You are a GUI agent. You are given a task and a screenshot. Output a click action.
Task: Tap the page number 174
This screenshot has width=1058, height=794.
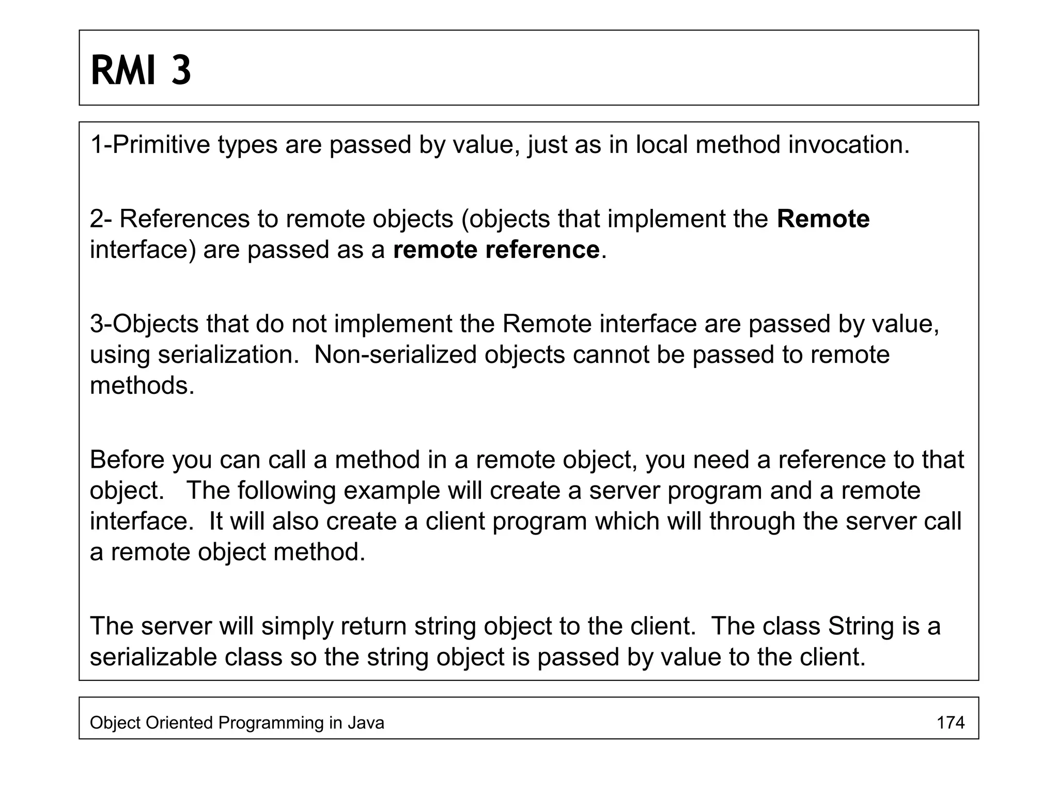coord(951,722)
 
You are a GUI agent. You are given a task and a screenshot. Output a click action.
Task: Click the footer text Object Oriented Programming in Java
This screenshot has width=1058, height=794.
coord(237,722)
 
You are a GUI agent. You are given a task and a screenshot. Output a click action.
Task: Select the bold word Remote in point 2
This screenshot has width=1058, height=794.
coord(823,219)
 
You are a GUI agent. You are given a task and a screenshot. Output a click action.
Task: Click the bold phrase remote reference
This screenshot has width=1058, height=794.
coord(496,250)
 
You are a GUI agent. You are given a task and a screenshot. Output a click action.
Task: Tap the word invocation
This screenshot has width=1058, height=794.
coord(848,145)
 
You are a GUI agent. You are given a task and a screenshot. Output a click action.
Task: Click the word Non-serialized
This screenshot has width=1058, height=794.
coord(395,355)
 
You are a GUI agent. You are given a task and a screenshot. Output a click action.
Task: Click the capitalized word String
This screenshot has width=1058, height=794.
coord(861,626)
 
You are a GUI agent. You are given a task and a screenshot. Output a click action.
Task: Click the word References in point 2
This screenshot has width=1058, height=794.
coord(185,219)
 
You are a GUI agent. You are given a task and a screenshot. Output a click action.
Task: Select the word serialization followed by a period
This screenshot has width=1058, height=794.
coord(228,355)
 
